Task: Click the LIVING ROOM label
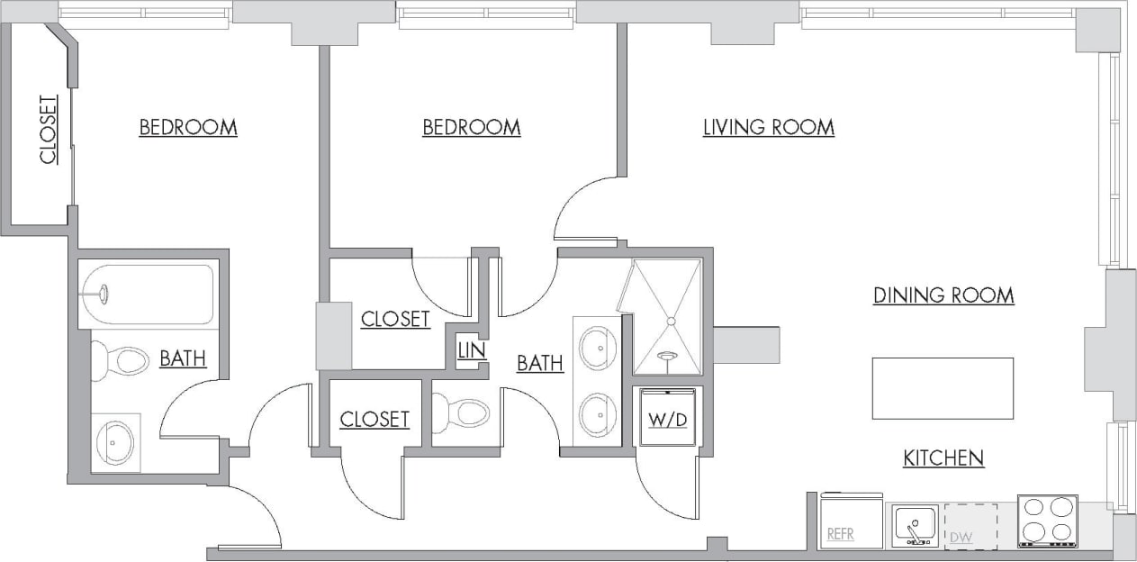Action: coord(768,128)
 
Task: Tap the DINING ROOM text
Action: coord(943,295)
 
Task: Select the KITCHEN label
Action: coord(943,458)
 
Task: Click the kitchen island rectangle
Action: coord(943,388)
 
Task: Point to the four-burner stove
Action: coord(1047,521)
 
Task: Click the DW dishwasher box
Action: coord(970,526)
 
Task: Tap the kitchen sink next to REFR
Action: coord(915,524)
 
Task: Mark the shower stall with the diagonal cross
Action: coord(667,316)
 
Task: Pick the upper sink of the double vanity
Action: coord(597,348)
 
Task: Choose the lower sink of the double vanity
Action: coord(597,414)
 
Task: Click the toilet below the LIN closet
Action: coord(463,413)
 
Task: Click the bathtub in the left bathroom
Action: coord(147,295)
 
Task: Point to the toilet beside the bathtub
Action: coord(119,363)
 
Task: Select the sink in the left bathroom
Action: coord(116,442)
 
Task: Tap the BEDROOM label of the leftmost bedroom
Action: coord(188,128)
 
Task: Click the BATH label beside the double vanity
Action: coord(539,364)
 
